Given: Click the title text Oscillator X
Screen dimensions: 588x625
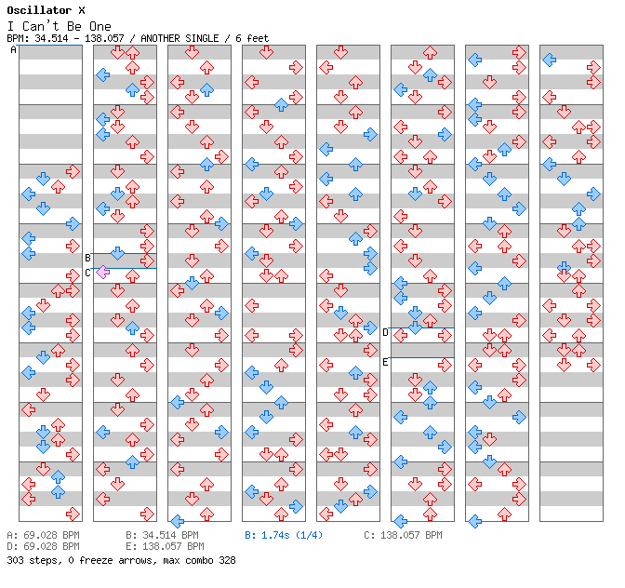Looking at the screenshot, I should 47,10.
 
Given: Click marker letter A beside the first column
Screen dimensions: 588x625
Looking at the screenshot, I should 14,50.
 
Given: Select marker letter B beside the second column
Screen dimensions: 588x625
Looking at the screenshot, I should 87,258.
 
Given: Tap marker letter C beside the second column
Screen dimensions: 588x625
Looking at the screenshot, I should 87,273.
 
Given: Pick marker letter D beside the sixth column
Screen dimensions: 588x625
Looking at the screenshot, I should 385,332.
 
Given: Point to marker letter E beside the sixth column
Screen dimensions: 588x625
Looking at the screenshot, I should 385,362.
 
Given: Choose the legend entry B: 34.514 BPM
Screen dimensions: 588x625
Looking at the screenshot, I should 163,536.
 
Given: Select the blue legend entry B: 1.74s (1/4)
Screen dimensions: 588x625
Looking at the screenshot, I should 284,536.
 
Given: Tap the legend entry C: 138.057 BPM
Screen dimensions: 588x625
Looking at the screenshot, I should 403,536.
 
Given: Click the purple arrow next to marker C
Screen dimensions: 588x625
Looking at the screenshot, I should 102,273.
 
